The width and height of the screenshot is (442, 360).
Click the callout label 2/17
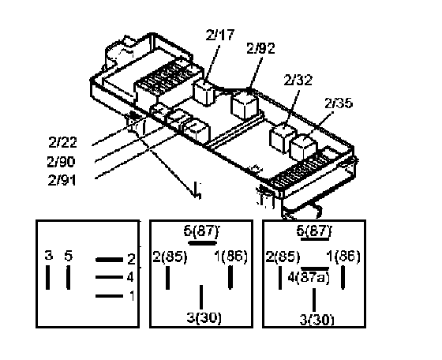coord(220,35)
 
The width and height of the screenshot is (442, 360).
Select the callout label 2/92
coord(260,48)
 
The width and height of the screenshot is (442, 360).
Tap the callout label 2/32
coord(298,81)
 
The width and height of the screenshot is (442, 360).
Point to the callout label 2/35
coord(339,103)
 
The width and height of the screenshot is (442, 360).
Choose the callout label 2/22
coord(62,142)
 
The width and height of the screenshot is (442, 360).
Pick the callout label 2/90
coord(62,162)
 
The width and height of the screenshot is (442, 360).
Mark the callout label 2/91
coord(62,180)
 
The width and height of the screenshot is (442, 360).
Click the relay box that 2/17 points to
coord(204,92)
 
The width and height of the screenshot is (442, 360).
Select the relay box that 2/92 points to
coord(245,104)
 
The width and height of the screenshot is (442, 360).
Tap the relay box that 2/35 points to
coord(304,148)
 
